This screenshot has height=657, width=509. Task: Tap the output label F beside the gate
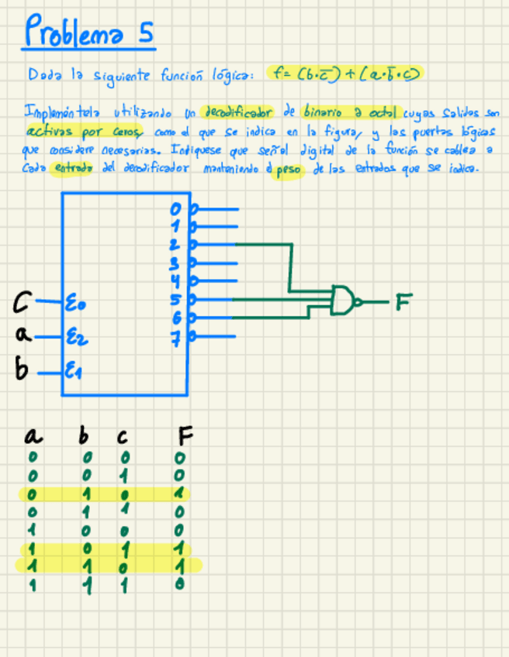[x=402, y=301]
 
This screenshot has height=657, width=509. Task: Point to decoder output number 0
[x=176, y=209]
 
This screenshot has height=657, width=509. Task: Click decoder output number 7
[x=176, y=336]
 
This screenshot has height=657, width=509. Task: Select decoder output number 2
[x=176, y=245]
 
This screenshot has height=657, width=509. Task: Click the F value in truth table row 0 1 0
[x=180, y=494]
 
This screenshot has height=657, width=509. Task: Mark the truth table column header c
[x=123, y=439]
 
